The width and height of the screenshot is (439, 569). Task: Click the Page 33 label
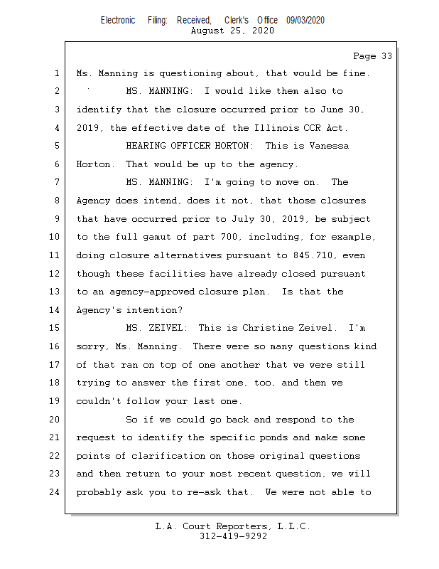pyautogui.click(x=372, y=55)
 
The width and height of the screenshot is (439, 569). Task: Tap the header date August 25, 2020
pyautogui.click(x=232, y=31)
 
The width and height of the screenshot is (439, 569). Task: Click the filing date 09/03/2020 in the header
pyautogui.click(x=305, y=21)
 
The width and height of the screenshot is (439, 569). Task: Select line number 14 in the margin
pyautogui.click(x=56, y=310)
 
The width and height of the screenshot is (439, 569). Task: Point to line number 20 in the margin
pyautogui.click(x=56, y=420)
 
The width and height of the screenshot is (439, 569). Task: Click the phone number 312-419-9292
pyautogui.click(x=233, y=536)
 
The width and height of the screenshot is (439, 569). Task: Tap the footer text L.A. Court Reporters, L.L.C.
pyautogui.click(x=233, y=526)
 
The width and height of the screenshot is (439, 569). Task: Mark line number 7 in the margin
pyautogui.click(x=56, y=182)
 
